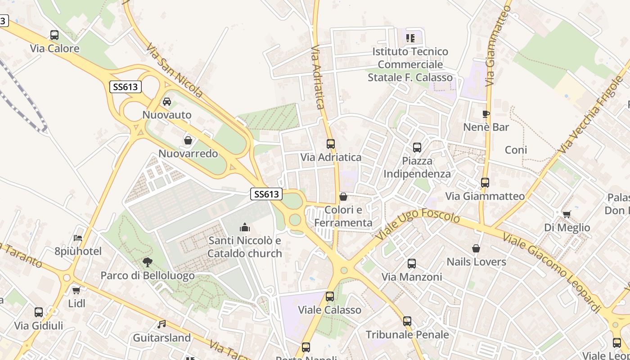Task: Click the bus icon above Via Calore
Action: click(x=54, y=35)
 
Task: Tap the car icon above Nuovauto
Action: click(x=167, y=102)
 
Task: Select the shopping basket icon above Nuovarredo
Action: click(x=188, y=140)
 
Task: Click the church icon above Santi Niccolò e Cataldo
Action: click(x=245, y=227)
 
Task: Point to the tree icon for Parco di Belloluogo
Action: click(x=147, y=262)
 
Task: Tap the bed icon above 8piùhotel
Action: click(x=78, y=238)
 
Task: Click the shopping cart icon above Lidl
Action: click(x=76, y=290)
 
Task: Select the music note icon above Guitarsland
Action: click(x=162, y=324)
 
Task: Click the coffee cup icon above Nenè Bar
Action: click(x=486, y=114)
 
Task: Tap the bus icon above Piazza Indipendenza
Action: click(x=417, y=147)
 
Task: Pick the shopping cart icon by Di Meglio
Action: click(x=567, y=214)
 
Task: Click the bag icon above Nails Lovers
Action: click(x=476, y=248)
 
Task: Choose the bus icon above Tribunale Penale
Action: click(x=407, y=321)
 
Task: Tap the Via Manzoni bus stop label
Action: click(x=412, y=277)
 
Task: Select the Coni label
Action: click(x=516, y=150)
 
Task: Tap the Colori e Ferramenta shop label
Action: click(x=343, y=216)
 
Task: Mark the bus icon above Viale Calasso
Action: click(x=330, y=297)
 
